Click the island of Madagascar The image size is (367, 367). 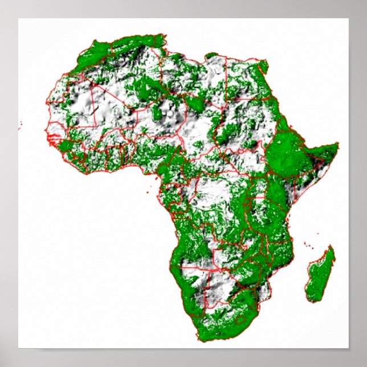point(320,274)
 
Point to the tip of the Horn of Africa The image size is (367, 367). point(337,144)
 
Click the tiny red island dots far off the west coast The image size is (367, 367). point(20,124)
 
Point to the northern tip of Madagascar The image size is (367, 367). point(331,246)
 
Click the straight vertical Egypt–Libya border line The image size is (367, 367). point(227,80)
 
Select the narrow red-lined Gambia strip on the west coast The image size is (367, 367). point(56,138)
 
